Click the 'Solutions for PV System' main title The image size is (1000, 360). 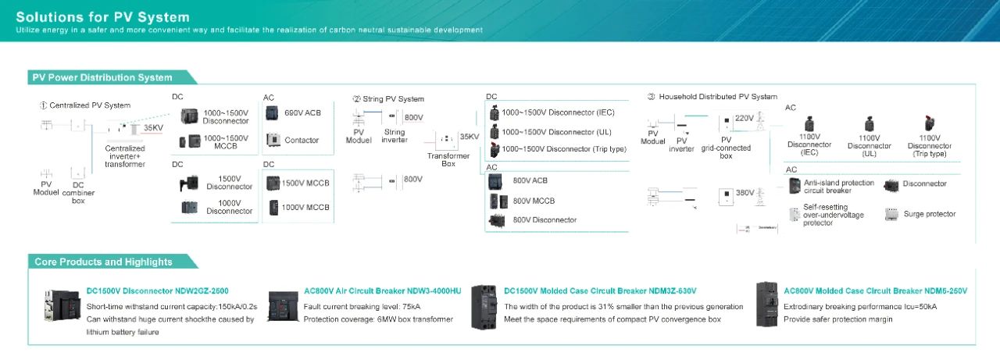tap(102, 16)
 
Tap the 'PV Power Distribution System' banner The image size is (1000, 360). tap(102, 77)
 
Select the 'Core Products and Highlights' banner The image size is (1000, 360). tap(103, 262)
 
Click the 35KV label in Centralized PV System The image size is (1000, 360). tap(154, 128)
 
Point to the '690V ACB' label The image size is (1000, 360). tap(302, 113)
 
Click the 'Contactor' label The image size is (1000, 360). tap(302, 141)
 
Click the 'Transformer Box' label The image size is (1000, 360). tap(448, 159)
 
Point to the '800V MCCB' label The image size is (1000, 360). tap(534, 201)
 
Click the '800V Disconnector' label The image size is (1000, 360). tap(545, 220)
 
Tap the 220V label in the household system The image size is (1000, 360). tap(745, 119)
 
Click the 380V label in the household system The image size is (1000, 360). tap(745, 192)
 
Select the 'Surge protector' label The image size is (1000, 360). tap(929, 214)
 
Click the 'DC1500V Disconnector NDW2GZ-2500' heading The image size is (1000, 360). tap(157, 291)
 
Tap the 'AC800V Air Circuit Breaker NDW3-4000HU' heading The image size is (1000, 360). tap(382, 291)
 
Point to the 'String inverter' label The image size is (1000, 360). tap(395, 137)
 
